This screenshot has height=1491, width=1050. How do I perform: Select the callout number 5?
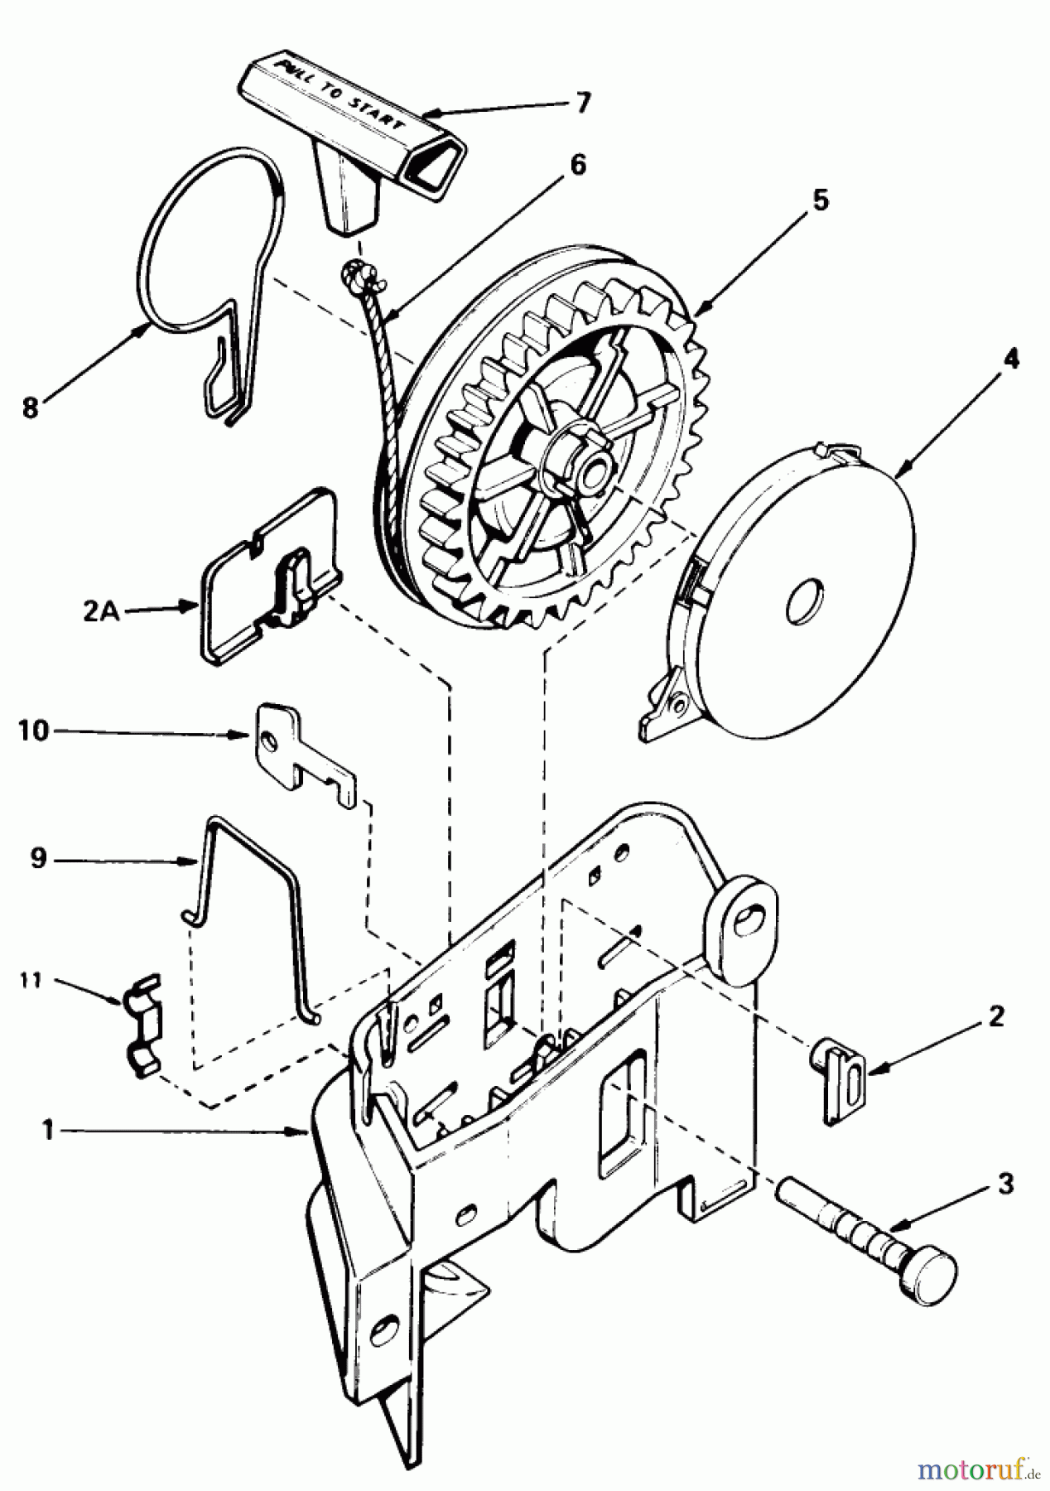point(819,201)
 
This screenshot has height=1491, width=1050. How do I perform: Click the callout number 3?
point(1004,1185)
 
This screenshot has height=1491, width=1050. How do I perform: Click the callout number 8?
point(30,409)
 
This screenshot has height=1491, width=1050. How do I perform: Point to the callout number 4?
point(1010,359)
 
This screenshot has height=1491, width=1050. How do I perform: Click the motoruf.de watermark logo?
point(969,1469)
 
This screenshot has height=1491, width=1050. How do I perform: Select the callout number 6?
point(577,166)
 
